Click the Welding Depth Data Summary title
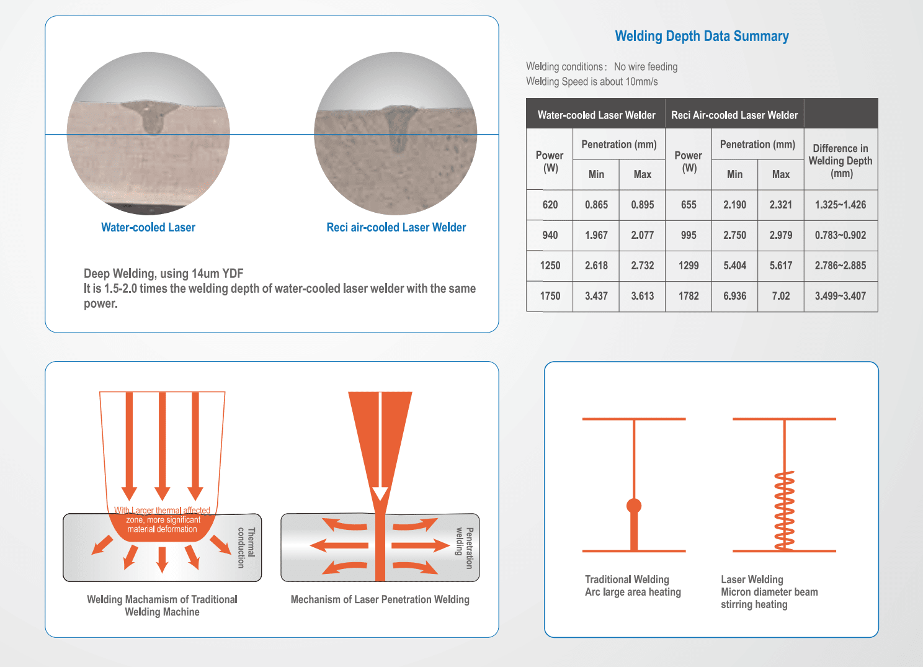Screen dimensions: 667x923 702,37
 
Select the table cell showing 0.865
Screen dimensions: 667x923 596,205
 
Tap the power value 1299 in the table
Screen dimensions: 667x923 689,266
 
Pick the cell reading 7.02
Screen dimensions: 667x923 780,296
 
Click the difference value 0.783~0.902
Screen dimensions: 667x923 841,235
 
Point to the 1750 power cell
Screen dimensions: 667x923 550,296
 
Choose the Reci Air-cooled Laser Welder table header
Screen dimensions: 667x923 734,115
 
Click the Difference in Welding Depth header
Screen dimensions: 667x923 841,161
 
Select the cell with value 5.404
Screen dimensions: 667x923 734,266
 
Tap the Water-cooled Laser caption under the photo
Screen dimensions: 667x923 148,228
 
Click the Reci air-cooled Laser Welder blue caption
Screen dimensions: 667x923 396,228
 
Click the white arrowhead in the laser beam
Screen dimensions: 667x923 380,494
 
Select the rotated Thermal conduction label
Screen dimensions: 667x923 246,547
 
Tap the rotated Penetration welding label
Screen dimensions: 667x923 465,547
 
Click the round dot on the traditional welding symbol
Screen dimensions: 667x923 634,506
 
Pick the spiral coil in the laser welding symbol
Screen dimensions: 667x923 785,511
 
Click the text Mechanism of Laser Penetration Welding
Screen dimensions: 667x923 380,599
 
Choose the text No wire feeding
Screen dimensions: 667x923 646,67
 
